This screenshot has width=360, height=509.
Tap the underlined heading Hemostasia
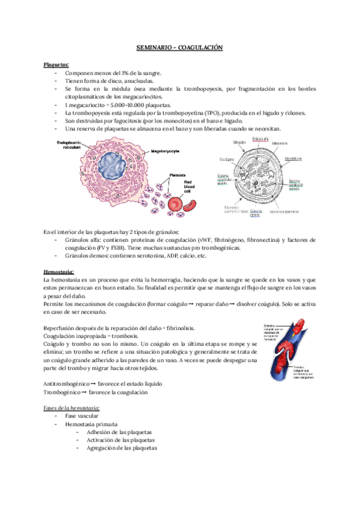pyautogui.click(x=59, y=272)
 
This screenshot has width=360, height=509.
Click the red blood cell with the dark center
pyautogui.click(x=176, y=205)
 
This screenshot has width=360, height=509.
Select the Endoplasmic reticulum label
pyautogui.click(x=68, y=146)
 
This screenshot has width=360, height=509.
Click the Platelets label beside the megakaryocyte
pyautogui.click(x=178, y=175)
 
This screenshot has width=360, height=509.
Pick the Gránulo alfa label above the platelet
pyautogui.click(x=261, y=139)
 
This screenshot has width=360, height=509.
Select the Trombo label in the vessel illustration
pyautogui.click(x=281, y=367)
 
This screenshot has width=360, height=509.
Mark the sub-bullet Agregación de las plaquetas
pyautogui.click(x=121, y=448)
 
